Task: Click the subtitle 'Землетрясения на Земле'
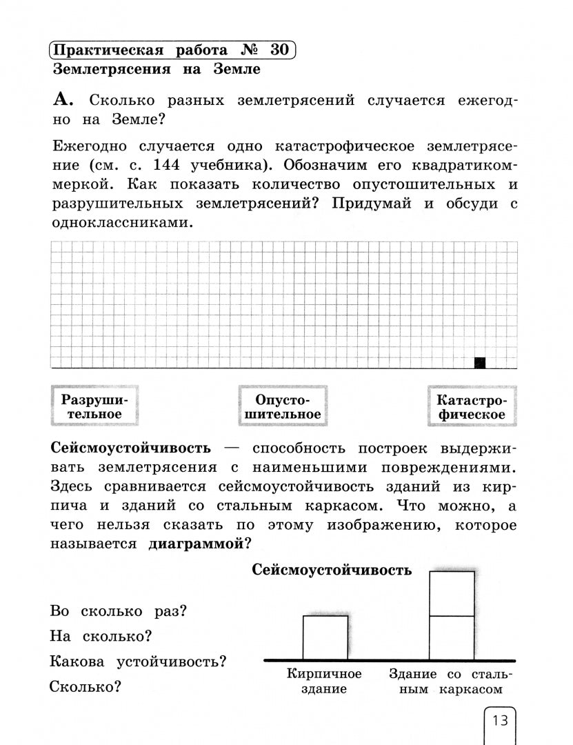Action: coord(156,69)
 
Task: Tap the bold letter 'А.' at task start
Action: coord(62,100)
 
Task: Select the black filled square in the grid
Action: coord(481,363)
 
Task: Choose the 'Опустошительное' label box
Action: coord(283,407)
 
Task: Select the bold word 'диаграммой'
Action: coord(195,544)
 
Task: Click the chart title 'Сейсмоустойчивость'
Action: coord(332,570)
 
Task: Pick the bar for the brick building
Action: coord(325,637)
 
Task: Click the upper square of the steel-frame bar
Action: coord(452,593)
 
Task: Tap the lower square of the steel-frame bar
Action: coord(452,637)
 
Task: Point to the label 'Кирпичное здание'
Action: coord(324,681)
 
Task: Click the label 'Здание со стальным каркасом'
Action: coord(451,681)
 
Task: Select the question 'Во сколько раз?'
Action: coord(119,611)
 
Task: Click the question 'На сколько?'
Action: coord(101,636)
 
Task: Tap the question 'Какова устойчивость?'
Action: coord(139,662)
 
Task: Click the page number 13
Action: coord(499,721)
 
